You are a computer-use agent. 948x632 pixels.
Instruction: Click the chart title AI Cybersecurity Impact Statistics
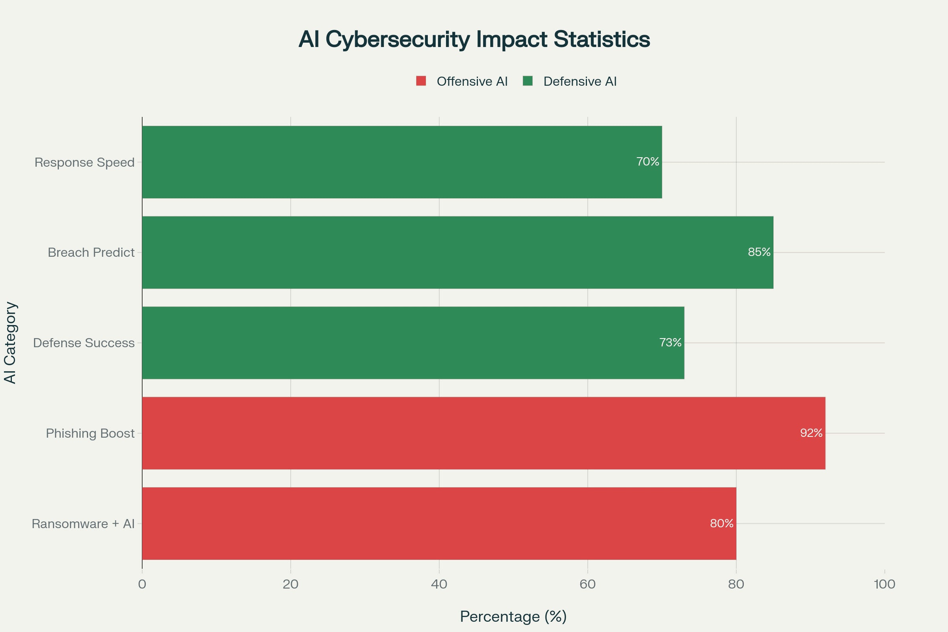pyautogui.click(x=474, y=39)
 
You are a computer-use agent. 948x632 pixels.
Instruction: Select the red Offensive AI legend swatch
pyautogui.click(x=421, y=81)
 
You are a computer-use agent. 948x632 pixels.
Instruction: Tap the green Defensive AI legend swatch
pyautogui.click(x=528, y=81)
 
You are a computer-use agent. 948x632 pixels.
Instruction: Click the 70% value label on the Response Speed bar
pyautogui.click(x=647, y=162)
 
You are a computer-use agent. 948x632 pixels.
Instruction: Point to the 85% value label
pyautogui.click(x=759, y=252)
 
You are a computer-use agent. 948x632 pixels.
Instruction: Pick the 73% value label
pyautogui.click(x=670, y=342)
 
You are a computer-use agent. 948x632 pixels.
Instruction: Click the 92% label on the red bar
pyautogui.click(x=811, y=433)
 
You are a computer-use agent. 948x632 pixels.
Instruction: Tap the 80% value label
pyautogui.click(x=722, y=523)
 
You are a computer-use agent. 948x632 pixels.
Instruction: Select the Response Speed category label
pyautogui.click(x=84, y=162)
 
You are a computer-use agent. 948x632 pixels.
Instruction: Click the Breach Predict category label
pyautogui.click(x=91, y=253)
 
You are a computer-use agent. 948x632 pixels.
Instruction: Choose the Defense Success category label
pyautogui.click(x=84, y=343)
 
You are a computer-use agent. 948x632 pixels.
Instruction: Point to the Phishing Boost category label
pyautogui.click(x=90, y=433)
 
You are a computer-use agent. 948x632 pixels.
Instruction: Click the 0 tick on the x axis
pyautogui.click(x=142, y=584)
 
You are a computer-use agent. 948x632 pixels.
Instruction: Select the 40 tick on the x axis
pyautogui.click(x=439, y=584)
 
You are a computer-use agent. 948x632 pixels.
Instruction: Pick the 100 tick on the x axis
pyautogui.click(x=884, y=584)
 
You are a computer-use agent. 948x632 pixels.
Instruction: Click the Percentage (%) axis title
pyautogui.click(x=513, y=616)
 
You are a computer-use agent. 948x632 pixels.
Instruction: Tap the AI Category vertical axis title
pyautogui.click(x=10, y=342)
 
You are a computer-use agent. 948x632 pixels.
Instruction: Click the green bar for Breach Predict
pyautogui.click(x=443, y=252)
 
